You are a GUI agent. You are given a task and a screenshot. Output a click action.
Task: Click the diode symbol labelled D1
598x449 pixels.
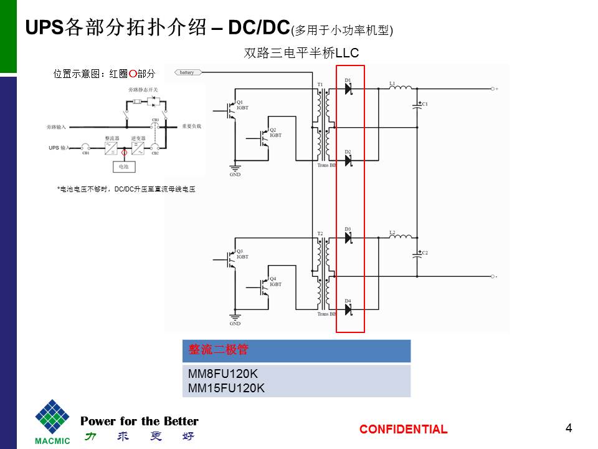(x=348, y=89)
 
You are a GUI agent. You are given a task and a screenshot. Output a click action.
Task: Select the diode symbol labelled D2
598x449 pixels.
(x=348, y=161)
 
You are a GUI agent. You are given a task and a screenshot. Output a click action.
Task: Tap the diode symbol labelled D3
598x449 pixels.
(x=348, y=238)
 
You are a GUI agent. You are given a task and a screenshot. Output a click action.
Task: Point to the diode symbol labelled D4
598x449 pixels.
(x=348, y=310)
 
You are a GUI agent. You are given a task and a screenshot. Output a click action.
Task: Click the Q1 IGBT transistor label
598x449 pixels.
(x=242, y=105)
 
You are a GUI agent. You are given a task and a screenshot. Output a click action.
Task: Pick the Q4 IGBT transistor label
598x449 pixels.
(x=275, y=281)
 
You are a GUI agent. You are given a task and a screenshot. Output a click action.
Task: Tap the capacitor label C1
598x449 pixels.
(x=425, y=104)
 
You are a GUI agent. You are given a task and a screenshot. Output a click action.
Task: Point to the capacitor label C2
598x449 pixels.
(x=425, y=253)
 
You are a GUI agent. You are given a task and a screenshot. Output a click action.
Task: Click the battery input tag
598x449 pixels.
(x=187, y=72)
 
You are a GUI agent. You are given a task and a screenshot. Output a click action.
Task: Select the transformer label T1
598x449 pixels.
(x=320, y=84)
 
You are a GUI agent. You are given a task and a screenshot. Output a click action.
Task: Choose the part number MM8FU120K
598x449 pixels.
(x=222, y=375)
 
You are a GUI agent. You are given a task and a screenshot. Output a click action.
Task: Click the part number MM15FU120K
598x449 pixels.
(x=226, y=388)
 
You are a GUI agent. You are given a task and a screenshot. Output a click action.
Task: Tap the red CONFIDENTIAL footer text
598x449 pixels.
(x=403, y=429)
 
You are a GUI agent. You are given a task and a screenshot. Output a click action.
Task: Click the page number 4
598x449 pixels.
(x=568, y=428)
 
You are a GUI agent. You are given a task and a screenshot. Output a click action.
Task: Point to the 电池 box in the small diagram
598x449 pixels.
(x=123, y=167)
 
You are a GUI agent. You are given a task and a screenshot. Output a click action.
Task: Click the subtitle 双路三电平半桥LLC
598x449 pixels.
(x=301, y=54)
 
